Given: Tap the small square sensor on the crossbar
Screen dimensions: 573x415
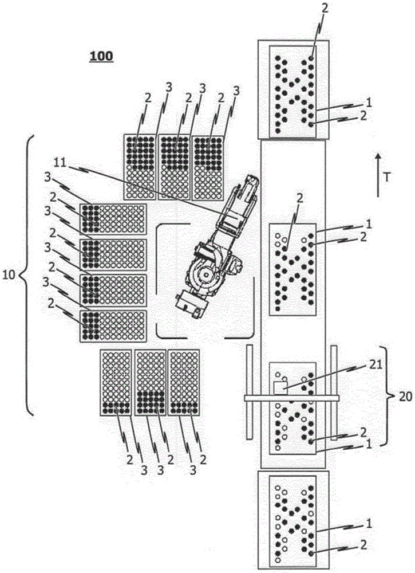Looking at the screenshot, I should (x=280, y=387).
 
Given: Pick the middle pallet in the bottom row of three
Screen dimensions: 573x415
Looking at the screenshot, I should (x=151, y=382).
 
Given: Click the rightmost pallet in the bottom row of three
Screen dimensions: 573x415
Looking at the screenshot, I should (x=184, y=382).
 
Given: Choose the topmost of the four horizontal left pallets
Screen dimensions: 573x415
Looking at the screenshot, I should (x=113, y=219).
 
